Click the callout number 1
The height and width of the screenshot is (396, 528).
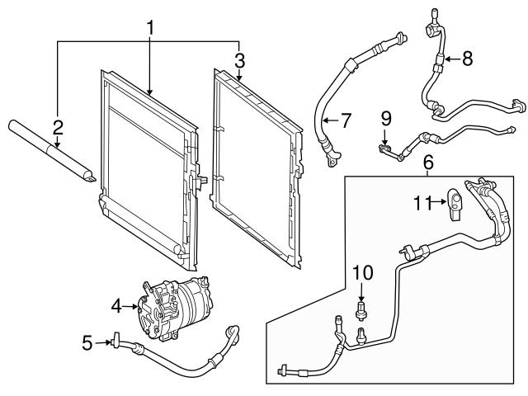tap(151, 28)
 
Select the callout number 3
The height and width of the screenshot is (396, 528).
tap(239, 59)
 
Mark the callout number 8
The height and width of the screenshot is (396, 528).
tap(467, 59)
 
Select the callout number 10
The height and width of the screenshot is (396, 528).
tap(363, 272)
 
